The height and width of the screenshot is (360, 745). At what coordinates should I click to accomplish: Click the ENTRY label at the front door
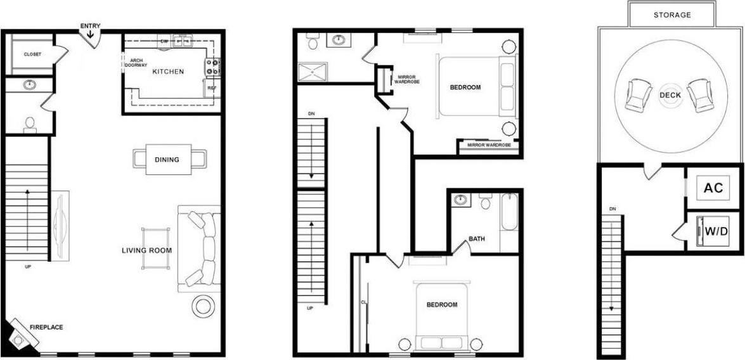90,26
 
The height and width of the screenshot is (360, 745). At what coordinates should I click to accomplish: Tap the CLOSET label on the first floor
32,55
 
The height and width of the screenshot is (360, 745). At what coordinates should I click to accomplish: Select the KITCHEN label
168,72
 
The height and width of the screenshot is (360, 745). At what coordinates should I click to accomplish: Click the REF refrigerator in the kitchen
212,88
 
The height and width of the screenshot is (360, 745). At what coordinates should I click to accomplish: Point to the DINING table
167,159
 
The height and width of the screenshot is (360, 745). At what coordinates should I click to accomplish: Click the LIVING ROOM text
147,250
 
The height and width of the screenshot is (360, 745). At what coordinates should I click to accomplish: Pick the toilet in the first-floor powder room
30,124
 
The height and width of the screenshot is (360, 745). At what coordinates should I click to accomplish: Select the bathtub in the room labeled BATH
509,222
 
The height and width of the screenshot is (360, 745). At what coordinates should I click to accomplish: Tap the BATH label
477,239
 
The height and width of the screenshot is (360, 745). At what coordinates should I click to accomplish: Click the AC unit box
713,188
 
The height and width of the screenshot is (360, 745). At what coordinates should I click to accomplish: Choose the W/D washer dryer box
715,231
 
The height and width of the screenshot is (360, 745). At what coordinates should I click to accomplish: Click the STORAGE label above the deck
672,15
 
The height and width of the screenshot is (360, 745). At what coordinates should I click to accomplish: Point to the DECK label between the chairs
670,95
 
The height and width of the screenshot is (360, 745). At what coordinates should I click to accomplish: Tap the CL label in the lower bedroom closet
364,302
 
